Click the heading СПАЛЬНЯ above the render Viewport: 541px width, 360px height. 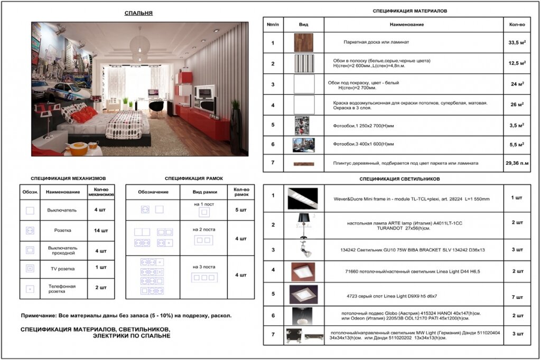tap(138, 13)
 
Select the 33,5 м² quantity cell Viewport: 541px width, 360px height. tap(516, 43)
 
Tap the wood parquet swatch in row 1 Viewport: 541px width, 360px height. tap(304, 43)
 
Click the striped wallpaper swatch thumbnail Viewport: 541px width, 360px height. tap(304, 63)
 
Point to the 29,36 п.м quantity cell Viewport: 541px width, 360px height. tap(517, 163)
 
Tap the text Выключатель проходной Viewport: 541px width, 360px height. tap(62, 250)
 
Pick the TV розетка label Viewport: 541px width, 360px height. tap(62, 269)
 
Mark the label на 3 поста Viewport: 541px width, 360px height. tap(204, 267)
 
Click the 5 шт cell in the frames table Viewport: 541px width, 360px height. tap(240, 210)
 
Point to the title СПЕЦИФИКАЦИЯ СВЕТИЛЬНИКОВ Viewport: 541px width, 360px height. tap(399, 179)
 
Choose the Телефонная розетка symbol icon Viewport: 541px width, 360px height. tap(30, 289)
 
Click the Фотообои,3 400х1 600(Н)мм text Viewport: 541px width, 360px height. tap(363, 144)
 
